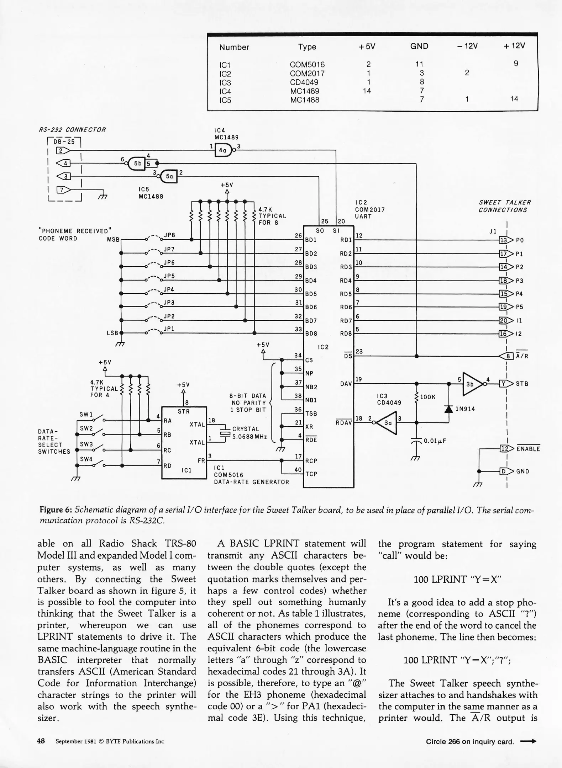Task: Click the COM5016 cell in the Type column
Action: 307,65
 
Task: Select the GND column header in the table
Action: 419,47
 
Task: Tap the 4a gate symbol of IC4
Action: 224,150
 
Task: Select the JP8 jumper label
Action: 169,235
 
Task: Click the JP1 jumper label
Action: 169,329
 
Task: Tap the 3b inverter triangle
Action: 472,384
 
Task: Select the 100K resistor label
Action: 428,397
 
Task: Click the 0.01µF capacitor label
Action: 435,441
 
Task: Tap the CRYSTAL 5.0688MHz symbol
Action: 225,433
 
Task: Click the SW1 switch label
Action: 86,415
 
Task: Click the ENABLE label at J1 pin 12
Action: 528,449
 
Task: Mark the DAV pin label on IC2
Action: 346,384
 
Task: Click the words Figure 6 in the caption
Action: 56,510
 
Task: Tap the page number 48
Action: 41,741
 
